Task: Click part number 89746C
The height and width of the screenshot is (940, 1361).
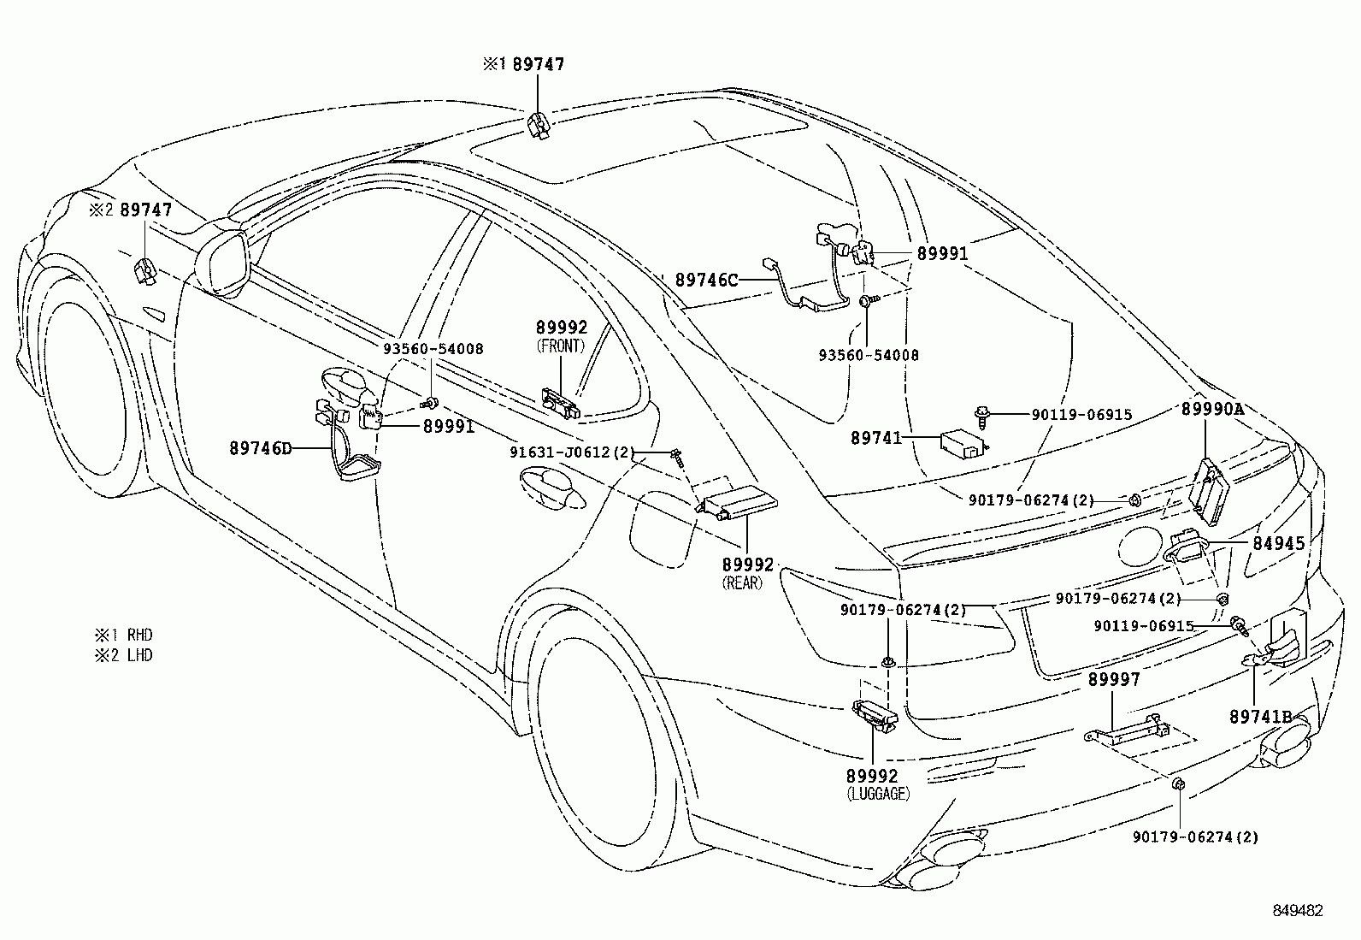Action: tap(706, 279)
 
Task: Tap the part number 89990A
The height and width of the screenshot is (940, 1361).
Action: tap(1212, 409)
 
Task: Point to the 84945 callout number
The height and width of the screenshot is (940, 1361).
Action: tap(1280, 543)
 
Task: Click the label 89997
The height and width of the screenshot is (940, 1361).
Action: tap(1114, 679)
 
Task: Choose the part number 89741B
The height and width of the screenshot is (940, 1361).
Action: tap(1261, 717)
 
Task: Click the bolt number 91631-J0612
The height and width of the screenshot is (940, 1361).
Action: tap(560, 452)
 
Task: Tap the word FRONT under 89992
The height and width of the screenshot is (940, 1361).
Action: tap(561, 346)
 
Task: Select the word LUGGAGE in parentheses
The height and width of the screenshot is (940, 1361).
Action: tap(878, 794)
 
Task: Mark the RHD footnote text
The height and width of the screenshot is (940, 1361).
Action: tap(139, 636)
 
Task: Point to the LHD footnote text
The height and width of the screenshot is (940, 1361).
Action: tap(139, 655)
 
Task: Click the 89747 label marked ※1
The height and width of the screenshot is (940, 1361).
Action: tap(538, 64)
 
